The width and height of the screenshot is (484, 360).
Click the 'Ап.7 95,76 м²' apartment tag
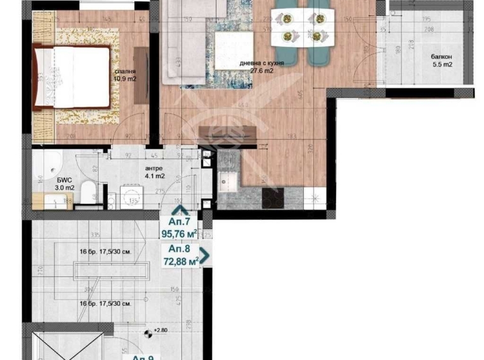[179, 227]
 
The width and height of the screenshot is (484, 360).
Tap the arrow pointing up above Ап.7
[180, 211]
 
